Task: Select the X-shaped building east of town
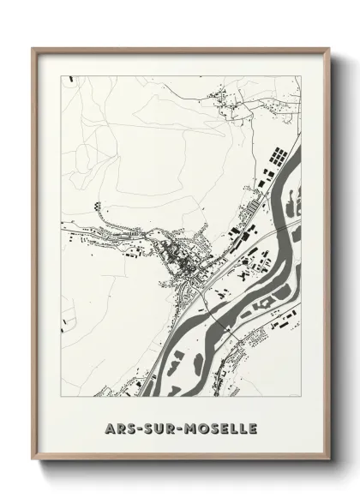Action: click(249, 275)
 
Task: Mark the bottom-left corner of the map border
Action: click(60, 396)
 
